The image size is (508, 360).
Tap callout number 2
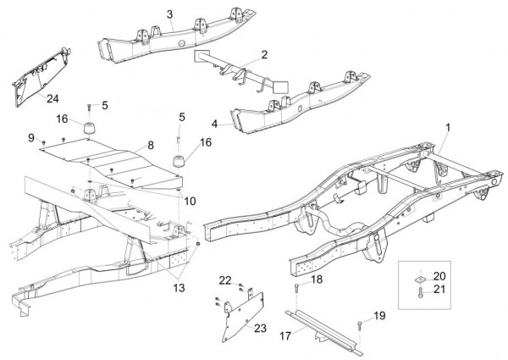264,54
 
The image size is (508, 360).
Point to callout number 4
215,124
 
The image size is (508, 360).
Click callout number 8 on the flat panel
152,146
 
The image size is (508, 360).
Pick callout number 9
30,137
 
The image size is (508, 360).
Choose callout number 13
179,288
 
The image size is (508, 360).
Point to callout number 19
379,315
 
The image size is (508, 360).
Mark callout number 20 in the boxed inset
439,277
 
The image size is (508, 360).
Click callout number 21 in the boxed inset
439,290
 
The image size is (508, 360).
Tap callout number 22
225,280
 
